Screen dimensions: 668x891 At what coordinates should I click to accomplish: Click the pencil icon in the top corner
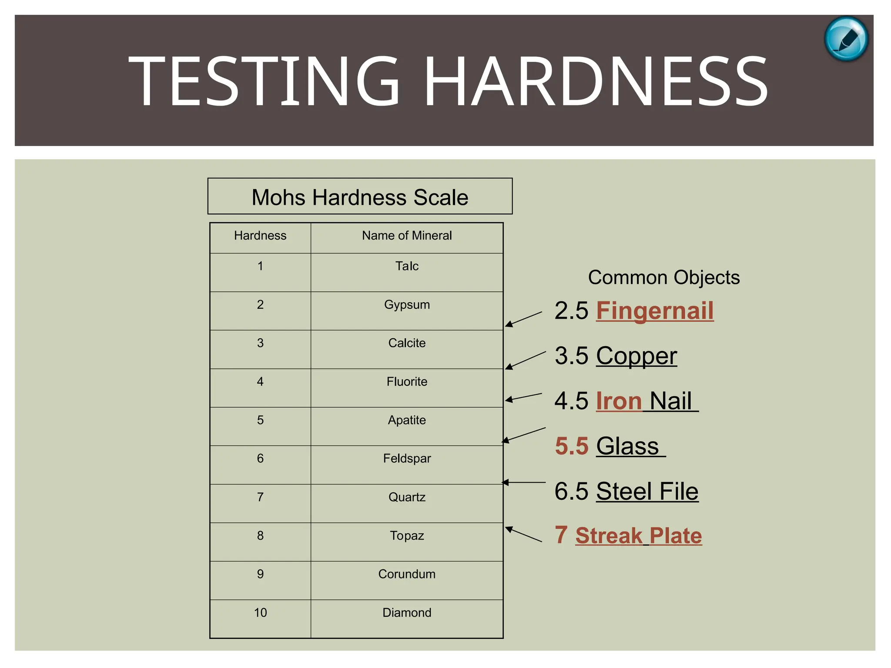(x=846, y=39)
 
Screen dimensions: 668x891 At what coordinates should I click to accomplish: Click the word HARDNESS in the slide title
(x=596, y=81)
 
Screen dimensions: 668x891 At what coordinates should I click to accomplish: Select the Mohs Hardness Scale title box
(x=360, y=197)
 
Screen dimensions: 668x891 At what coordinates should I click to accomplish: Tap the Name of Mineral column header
(x=407, y=236)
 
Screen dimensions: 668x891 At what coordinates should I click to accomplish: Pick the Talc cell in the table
(x=407, y=266)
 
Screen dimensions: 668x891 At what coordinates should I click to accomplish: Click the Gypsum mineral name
(x=407, y=304)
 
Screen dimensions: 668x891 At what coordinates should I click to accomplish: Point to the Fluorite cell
(x=407, y=382)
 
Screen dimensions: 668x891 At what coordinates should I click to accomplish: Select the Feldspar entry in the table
(x=407, y=458)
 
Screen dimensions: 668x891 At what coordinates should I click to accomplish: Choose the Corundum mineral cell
(x=407, y=574)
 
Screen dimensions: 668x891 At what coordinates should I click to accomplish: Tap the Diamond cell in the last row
(x=407, y=613)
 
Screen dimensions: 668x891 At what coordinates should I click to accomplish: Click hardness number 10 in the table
(x=260, y=613)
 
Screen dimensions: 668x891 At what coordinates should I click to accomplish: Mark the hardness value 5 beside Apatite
(x=260, y=420)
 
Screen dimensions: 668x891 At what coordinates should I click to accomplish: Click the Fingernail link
(x=655, y=311)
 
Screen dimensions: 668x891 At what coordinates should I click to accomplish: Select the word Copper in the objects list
(x=636, y=356)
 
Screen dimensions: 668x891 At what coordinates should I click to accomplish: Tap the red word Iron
(x=619, y=401)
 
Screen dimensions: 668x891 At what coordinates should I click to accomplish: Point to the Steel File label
(x=647, y=491)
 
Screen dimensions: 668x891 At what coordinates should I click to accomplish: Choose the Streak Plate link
(x=638, y=536)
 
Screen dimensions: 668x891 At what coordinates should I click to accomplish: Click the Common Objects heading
(x=663, y=277)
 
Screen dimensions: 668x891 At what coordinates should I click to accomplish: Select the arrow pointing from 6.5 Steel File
(x=524, y=482)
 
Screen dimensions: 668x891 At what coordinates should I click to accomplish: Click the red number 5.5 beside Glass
(x=572, y=446)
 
